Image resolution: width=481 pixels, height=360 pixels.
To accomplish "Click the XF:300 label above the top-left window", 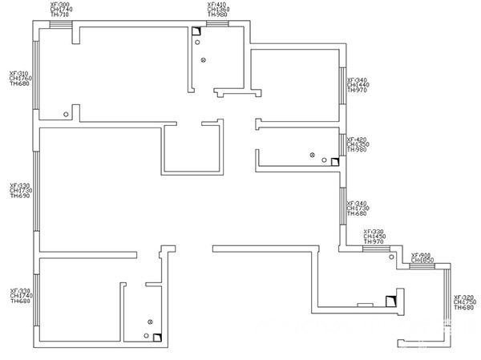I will coord(60,5).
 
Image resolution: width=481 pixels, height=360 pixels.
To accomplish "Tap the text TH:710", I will coord(60,15).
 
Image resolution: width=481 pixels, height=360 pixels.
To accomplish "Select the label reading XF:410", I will coord(217,5).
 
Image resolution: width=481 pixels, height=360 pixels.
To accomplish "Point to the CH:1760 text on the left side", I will coord(19,78).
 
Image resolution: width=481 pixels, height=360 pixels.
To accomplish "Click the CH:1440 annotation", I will coord(358,85).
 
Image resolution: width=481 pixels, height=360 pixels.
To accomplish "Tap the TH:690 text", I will coord(19,196).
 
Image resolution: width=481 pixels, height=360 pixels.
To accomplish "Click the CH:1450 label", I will coord(374,237).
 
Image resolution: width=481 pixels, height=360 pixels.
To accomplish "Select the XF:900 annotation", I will coord(422,255).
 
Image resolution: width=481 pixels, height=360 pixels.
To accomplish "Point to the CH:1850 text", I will coord(422,261).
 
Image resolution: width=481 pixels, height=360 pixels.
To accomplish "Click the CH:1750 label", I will coord(464,301).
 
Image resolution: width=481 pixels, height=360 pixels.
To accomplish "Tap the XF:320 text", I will coord(464,296).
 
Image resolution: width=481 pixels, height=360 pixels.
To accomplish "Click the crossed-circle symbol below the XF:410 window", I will coord(203,60).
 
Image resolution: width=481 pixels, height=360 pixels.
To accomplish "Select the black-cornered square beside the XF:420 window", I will coord(335,161).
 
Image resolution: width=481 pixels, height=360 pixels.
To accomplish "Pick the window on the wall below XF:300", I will coord(60,24).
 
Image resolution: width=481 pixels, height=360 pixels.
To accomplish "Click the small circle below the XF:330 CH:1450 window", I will coord(390,257).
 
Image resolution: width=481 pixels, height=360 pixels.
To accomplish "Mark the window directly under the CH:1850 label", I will coord(422,267).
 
